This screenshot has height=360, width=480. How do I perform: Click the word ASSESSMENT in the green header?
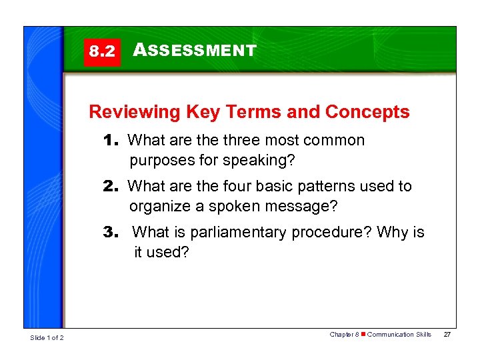pos(195,51)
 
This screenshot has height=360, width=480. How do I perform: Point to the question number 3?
pos(112,233)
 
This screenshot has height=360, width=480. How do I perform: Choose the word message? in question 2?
pos(299,207)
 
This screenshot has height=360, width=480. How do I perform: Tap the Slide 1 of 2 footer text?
pos(47,338)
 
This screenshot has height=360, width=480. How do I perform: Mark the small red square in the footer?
pos(363,335)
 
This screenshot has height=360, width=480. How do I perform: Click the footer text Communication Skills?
pos(399,335)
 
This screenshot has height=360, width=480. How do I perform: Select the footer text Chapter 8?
pos(344,335)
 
